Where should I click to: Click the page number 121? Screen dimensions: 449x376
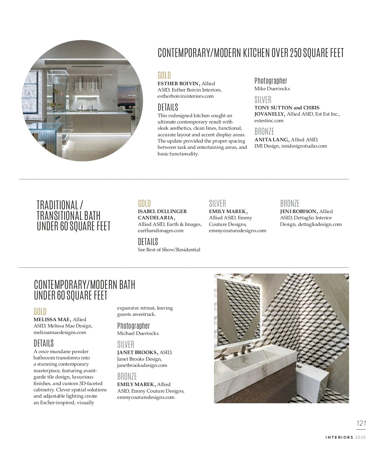pos(361,423)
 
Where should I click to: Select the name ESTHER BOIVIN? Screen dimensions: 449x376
pos(178,84)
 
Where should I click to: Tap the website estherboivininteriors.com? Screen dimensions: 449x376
pos(185,96)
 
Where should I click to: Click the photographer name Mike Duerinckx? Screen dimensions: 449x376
pos(272,89)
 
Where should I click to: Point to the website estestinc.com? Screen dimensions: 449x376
pos(269,121)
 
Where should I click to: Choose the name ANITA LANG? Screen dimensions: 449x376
pos(272,140)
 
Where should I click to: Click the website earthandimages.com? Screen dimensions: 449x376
pos(160,231)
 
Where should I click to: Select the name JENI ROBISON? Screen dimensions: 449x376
pos(298,211)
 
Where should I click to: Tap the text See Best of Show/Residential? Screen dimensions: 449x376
pos(169,250)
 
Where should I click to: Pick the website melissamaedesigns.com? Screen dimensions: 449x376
pos(60,332)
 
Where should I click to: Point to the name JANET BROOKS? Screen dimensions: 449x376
pos(137,352)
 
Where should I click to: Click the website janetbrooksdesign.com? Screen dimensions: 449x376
pos(142,365)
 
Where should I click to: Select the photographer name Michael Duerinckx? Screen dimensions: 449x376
pos(138,333)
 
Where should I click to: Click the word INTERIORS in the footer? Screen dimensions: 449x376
pos(339,437)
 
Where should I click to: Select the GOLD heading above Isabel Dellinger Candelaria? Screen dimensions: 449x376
pos(144,203)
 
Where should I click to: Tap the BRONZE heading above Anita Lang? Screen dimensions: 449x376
pos(264,131)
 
